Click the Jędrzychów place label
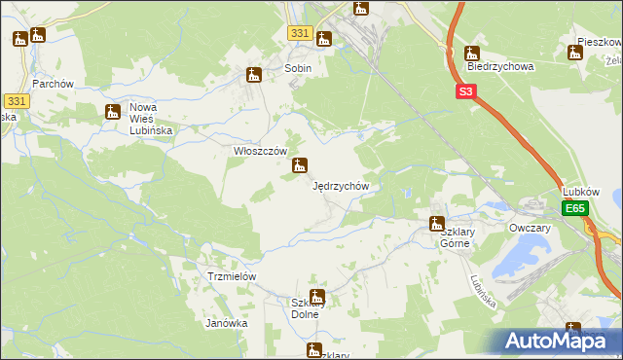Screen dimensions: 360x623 pos(341,185)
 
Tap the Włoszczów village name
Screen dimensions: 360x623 pos(259,151)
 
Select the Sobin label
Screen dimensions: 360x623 pos(298,69)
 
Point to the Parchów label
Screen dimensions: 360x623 pos(54,84)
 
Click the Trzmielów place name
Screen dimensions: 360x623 pos(232,276)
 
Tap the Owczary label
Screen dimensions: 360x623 pos(530,228)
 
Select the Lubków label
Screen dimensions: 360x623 pos(582,192)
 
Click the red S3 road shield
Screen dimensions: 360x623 pos(466,91)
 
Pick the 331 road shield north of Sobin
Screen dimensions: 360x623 pos(300,33)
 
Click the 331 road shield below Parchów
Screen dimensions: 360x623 pos(16,101)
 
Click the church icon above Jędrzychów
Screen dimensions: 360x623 pos(301,166)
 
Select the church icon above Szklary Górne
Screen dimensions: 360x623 pos(437,224)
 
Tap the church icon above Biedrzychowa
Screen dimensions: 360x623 pos(472,54)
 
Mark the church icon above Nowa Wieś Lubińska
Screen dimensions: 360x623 pos(112,112)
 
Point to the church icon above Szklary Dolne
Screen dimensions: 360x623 pos(316,297)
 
